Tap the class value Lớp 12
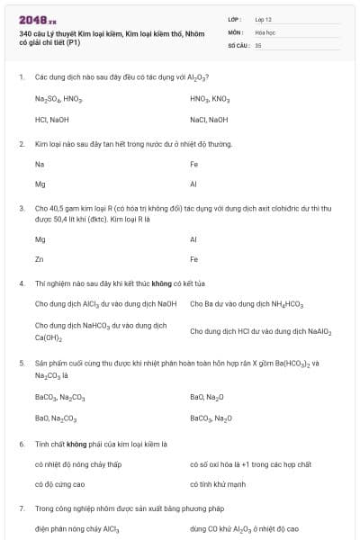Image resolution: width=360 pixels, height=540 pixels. pyautogui.click(x=264, y=18)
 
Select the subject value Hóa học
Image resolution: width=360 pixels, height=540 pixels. pyautogui.click(x=265, y=31)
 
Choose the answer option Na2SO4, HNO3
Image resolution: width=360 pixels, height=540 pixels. pyautogui.click(x=58, y=99)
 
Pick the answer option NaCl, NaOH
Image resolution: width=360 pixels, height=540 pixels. pyautogui.click(x=209, y=119)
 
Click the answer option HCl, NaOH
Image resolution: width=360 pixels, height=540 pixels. pyautogui.click(x=52, y=119)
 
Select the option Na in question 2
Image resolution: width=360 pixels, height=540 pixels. pyautogui.click(x=40, y=164)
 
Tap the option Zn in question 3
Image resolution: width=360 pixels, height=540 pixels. pyautogui.click(x=40, y=259)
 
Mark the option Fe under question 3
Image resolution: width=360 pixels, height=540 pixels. pyautogui.click(x=193, y=259)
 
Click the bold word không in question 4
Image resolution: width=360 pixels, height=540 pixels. pyautogui.click(x=137, y=283)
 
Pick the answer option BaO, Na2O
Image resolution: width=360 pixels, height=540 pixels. pyautogui.click(x=207, y=397)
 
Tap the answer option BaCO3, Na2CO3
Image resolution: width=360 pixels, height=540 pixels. pyautogui.click(x=59, y=397)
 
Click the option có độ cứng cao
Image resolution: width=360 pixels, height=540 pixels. pyautogui.click(x=60, y=483)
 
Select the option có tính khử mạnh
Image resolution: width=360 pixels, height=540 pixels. pyautogui.click(x=217, y=483)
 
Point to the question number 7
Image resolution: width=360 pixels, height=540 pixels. pyautogui.click(x=21, y=508)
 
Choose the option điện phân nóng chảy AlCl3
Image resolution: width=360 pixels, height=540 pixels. pyautogui.click(x=77, y=529)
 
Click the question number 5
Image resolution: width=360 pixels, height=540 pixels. pyautogui.click(x=21, y=363)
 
